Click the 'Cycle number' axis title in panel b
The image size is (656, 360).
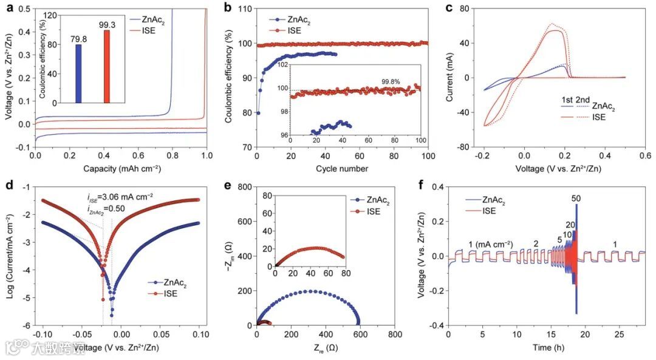pyautogui.click(x=342, y=168)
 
